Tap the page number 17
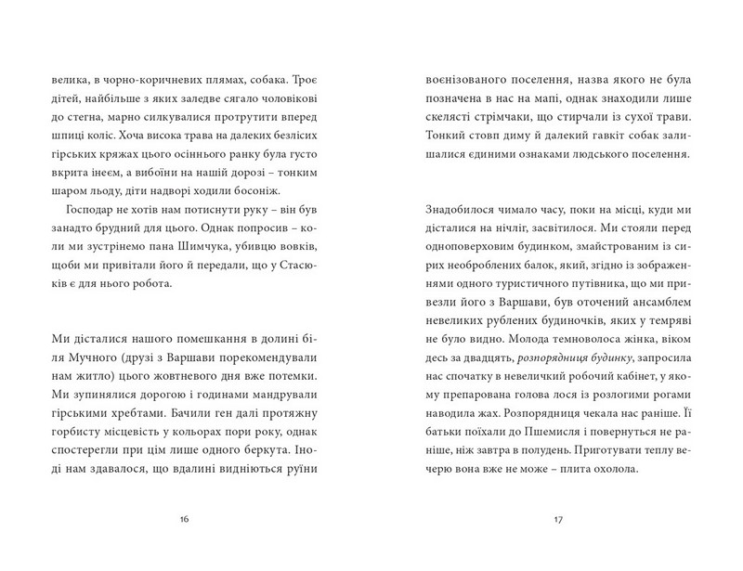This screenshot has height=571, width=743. pos(558,517)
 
